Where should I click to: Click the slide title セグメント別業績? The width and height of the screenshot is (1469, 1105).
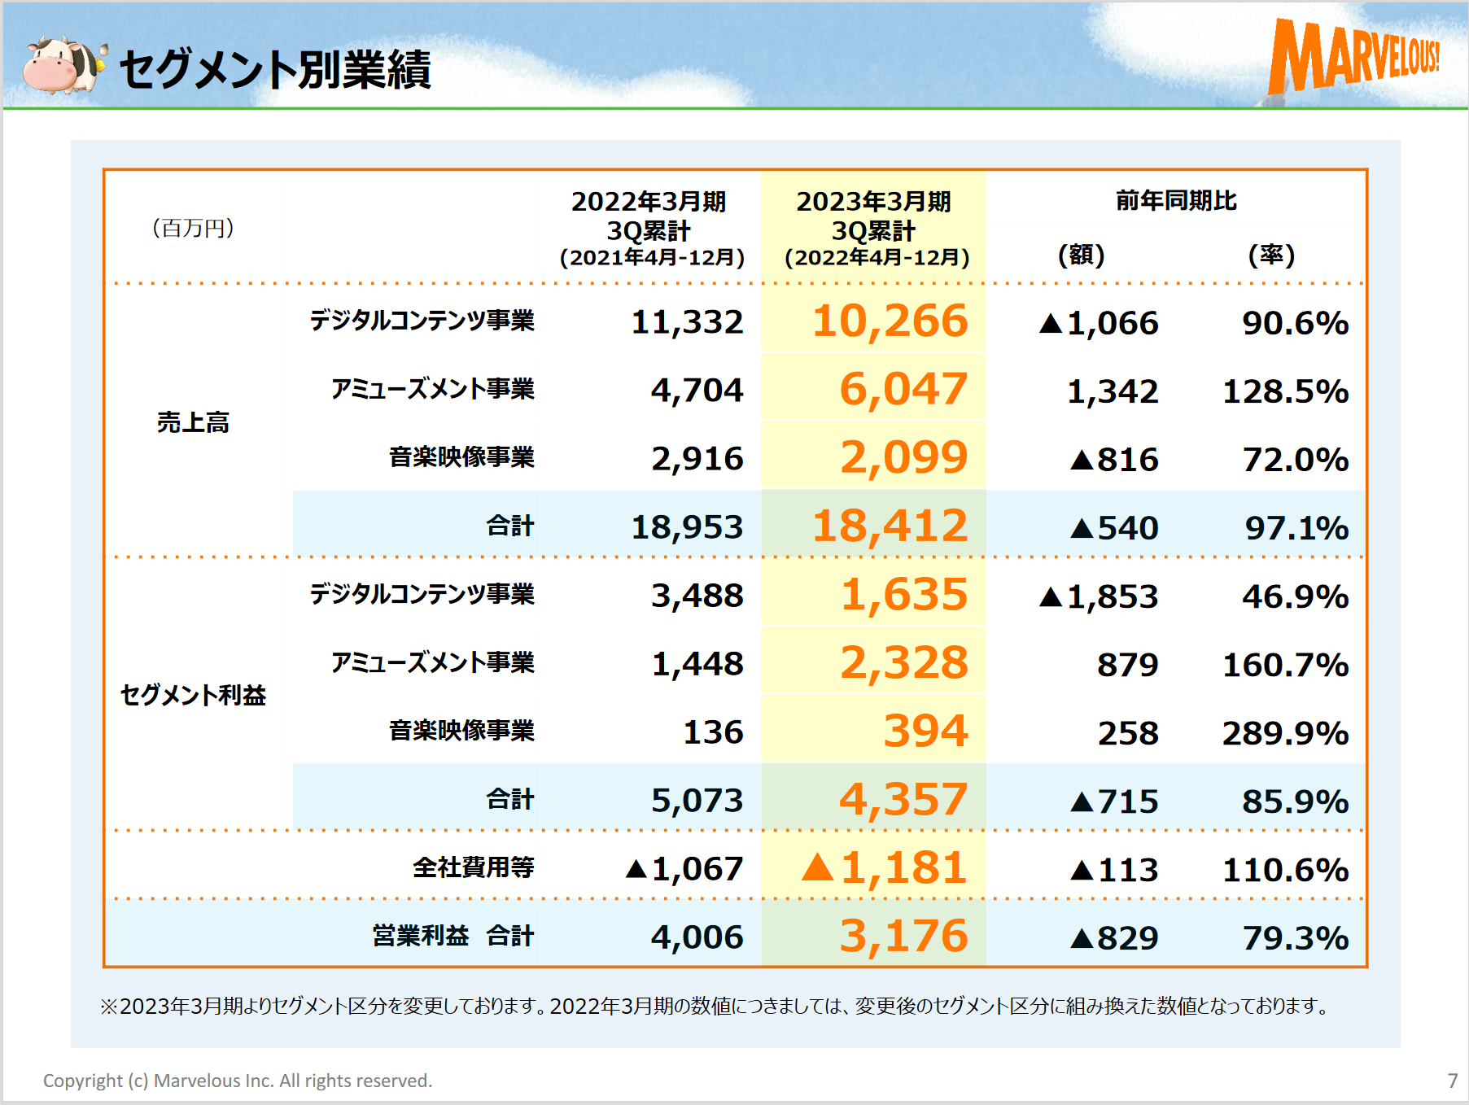coord(275,70)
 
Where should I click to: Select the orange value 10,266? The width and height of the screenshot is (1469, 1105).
coord(890,321)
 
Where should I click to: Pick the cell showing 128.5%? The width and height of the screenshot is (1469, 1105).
coord(1285,391)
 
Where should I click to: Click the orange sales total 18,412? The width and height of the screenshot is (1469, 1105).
coord(890,526)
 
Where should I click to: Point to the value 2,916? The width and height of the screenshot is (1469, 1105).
coord(697,459)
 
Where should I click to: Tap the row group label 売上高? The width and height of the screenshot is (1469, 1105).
coord(193,422)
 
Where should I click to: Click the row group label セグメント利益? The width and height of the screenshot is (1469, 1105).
coord(193,695)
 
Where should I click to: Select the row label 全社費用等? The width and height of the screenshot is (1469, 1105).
coord(473,867)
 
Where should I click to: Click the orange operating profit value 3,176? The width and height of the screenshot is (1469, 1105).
coord(903,937)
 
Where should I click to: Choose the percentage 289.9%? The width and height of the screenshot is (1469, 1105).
coord(1285,733)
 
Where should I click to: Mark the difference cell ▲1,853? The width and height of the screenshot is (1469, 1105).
coord(1099,596)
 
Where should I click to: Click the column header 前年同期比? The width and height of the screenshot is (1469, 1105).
coord(1176,201)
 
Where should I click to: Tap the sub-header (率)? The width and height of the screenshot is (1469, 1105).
coord(1271,256)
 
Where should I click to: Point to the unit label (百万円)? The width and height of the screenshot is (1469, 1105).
coord(193,228)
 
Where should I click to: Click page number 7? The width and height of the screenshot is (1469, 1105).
coord(1452,1081)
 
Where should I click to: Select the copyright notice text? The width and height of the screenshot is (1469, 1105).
coord(238,1081)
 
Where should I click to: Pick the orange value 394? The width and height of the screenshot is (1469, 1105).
coord(925,732)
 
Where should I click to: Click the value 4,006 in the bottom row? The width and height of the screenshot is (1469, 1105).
coord(697,937)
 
